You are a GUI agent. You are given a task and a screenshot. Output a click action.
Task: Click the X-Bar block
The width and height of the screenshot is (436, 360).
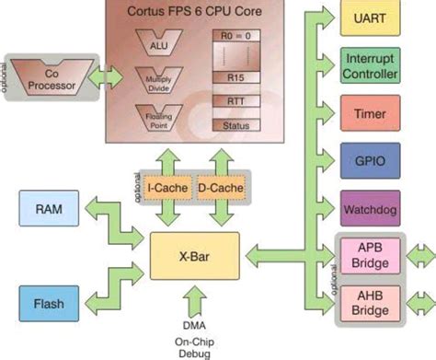194,255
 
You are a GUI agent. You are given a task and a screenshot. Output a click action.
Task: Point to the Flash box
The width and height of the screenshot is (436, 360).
47,303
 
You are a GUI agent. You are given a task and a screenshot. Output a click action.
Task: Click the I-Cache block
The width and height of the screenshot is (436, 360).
167,189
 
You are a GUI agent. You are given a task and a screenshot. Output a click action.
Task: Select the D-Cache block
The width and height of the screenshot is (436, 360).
221,189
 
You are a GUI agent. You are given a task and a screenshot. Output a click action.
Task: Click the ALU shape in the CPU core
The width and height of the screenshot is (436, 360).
158,41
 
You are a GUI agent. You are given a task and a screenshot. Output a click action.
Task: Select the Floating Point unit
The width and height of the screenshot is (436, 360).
158,117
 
